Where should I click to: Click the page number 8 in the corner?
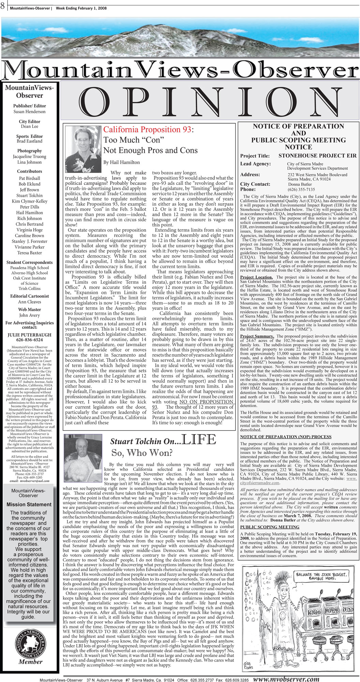pyautogui.click(x=3, y=6)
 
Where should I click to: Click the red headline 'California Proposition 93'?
pyautogui.click(x=147, y=130)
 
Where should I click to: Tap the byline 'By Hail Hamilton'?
pyautogui.click(x=122, y=162)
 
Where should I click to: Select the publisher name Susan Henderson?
pyautogui.click(x=29, y=112)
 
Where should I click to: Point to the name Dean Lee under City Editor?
pyautogui.click(x=30, y=126)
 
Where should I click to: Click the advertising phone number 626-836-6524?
pyautogui.click(x=30, y=340)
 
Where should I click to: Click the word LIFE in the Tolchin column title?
pyautogui.click(x=199, y=440)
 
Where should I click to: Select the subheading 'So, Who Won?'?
pyautogui.click(x=142, y=453)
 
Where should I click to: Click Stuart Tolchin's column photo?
pyautogui.click(x=83, y=453)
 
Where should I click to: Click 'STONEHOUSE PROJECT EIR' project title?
pyautogui.click(x=317, y=155)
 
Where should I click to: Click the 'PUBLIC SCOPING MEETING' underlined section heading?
pyautogui.click(x=270, y=527)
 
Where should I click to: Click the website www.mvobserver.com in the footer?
pyautogui.click(x=286, y=679)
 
